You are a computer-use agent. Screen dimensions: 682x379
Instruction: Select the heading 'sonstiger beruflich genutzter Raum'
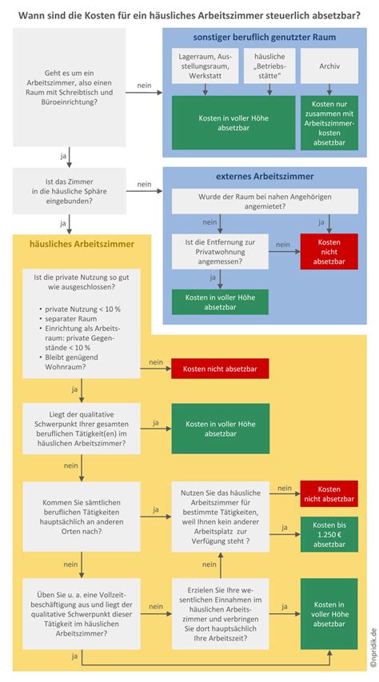pyautogui.click(x=264, y=38)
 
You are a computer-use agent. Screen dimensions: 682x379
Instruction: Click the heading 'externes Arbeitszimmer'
pyautogui.click(x=264, y=176)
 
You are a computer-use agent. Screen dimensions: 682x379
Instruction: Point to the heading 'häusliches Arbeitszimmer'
pyautogui.click(x=71, y=243)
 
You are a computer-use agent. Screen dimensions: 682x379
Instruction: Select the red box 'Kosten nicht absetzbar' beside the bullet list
pyautogui.click(x=220, y=368)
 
